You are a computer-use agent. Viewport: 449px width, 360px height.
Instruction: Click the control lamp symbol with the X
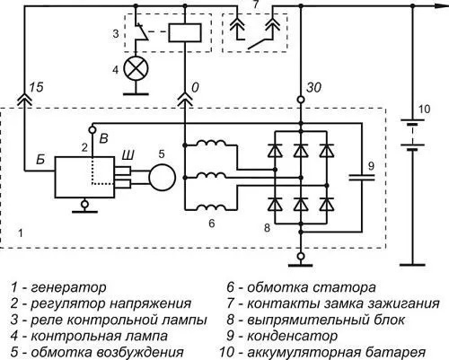[x=137, y=67]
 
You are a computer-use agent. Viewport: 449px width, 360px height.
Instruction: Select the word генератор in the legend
[x=72, y=288]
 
